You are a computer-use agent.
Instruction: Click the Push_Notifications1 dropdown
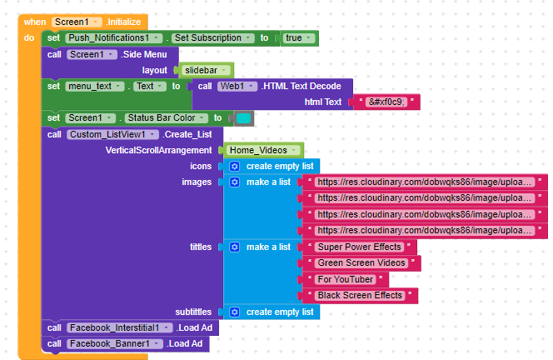[114, 38]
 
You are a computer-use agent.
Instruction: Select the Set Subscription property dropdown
[213, 38]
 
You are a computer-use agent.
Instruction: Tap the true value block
[299, 38]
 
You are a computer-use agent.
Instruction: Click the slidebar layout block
[206, 70]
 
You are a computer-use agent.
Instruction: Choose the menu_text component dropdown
[95, 87]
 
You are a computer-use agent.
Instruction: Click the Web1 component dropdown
[237, 87]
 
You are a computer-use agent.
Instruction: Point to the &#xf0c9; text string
[386, 102]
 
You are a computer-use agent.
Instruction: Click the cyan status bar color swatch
[243, 118]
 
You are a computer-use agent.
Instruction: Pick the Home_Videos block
[263, 150]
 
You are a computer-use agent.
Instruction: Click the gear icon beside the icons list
[235, 166]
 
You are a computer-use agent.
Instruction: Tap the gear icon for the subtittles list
[235, 312]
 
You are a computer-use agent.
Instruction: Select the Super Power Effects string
[360, 247]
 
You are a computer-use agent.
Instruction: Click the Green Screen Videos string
[361, 263]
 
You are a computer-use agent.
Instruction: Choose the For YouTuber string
[346, 279]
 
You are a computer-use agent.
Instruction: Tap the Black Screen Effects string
[360, 295]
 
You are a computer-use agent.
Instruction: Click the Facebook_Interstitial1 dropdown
[120, 327]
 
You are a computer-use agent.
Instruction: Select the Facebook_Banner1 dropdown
[115, 344]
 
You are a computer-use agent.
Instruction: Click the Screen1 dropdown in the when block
[77, 22]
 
